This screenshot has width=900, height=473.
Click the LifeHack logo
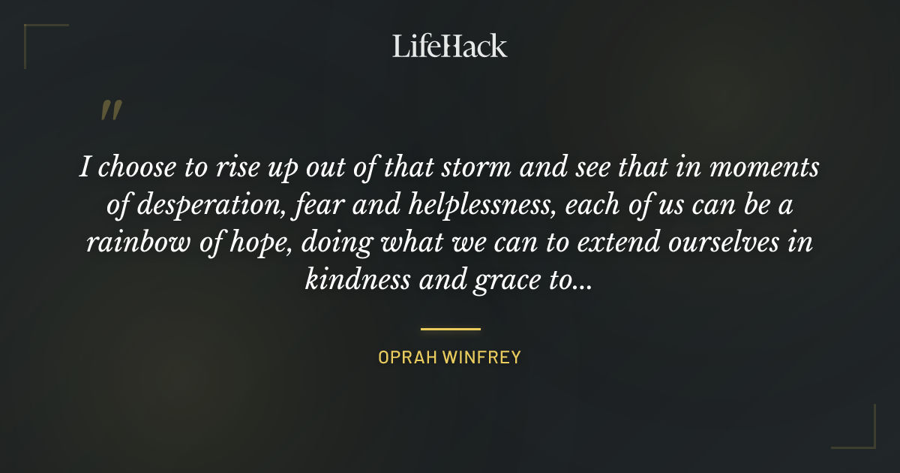[x=450, y=46]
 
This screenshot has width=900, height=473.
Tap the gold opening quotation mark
[x=111, y=112]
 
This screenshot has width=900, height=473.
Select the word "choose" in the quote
[x=135, y=169]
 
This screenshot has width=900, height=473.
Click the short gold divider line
[x=450, y=329]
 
